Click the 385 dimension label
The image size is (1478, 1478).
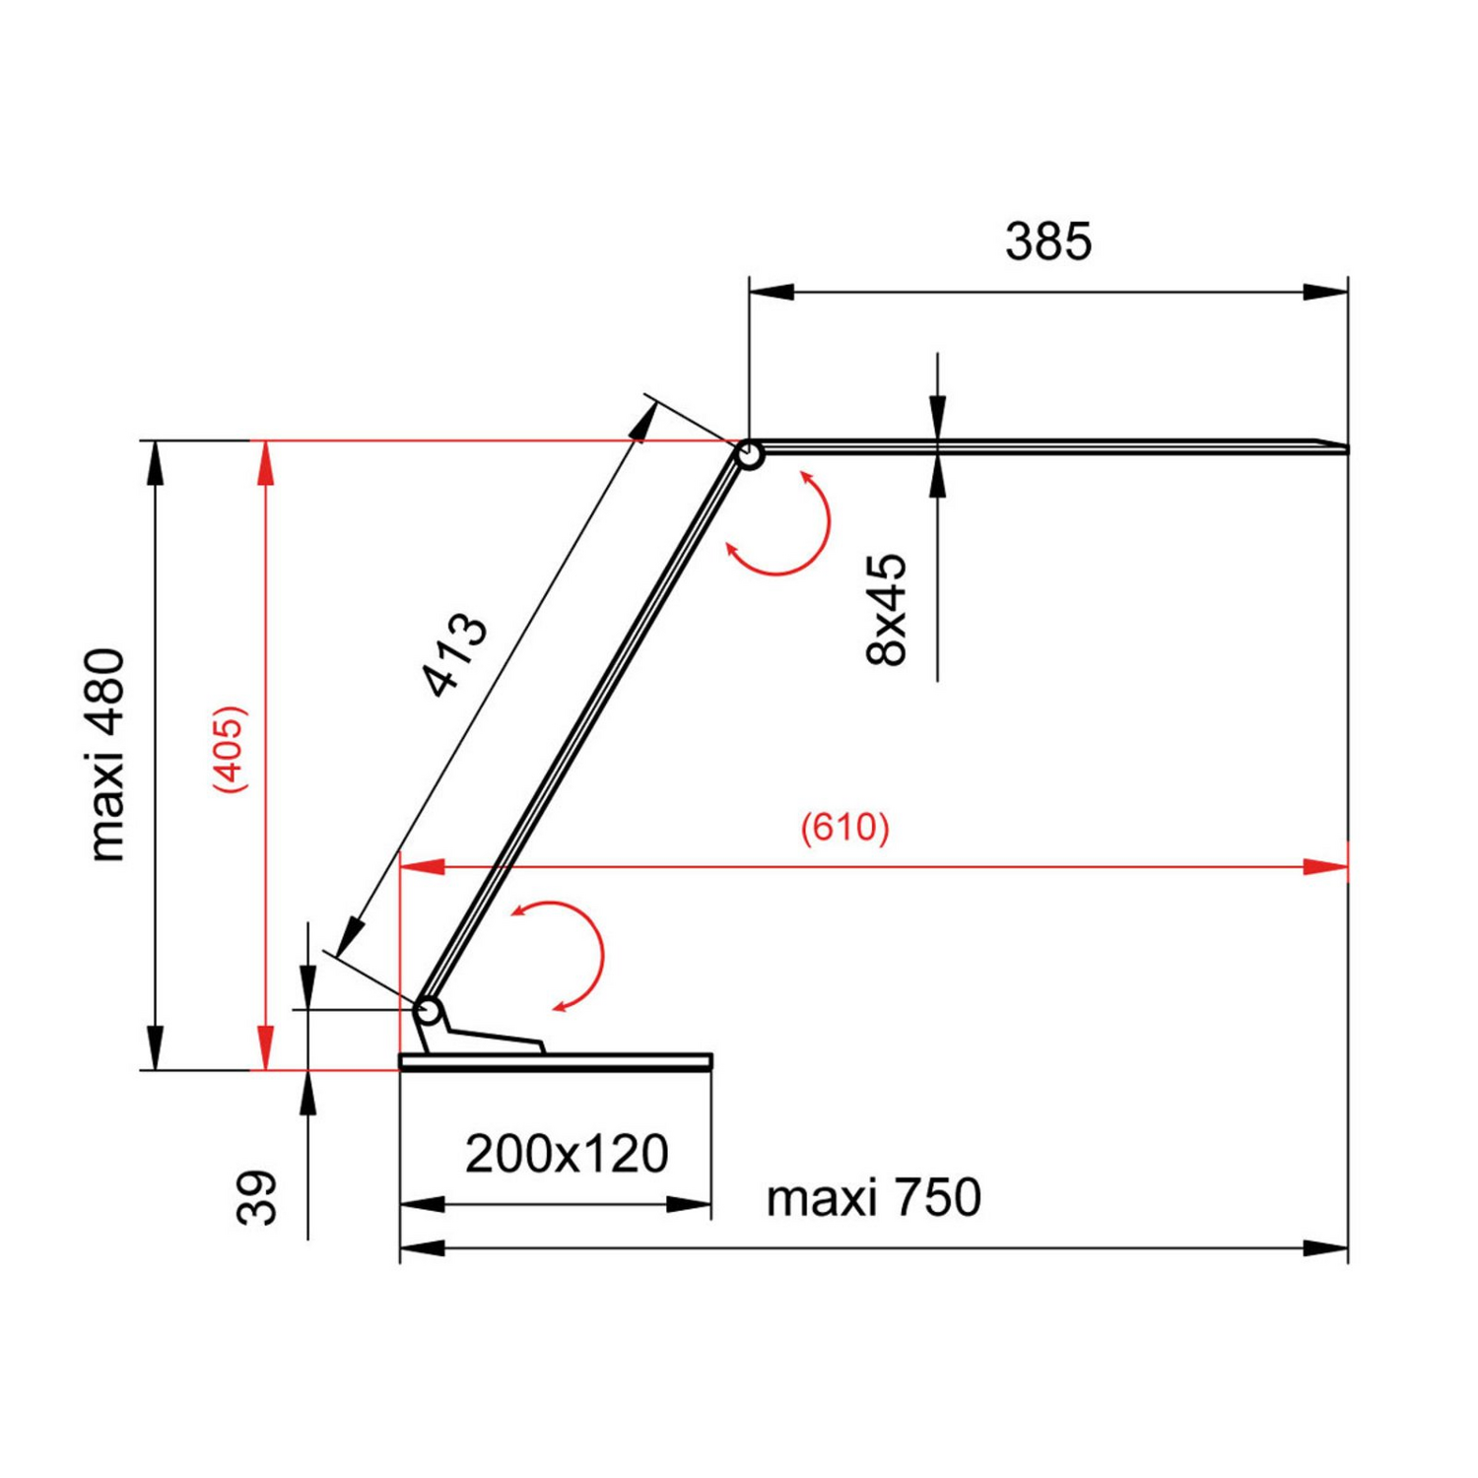(x=1048, y=241)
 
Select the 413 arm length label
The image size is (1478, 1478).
(x=454, y=655)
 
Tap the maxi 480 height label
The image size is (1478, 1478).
(x=106, y=756)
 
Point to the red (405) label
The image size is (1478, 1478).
(x=230, y=750)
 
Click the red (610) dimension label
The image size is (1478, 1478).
(x=844, y=827)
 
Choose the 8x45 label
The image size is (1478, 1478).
(x=886, y=610)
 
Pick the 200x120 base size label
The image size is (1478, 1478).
(x=567, y=1154)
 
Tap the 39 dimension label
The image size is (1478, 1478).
(x=257, y=1197)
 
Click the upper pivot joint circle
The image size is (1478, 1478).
(x=749, y=455)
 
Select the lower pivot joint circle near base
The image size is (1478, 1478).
(x=428, y=1011)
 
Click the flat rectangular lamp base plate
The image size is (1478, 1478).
(x=556, y=1061)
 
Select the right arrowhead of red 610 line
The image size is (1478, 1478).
(x=1325, y=867)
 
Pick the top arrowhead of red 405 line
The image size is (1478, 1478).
(x=265, y=463)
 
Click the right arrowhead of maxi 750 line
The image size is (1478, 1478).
(x=1325, y=1248)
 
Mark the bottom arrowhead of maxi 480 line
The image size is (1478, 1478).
(x=155, y=1046)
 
